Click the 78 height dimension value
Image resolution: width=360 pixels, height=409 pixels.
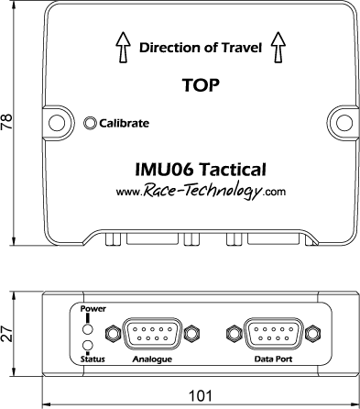[x=6, y=122]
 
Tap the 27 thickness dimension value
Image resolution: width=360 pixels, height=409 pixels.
[x=6, y=334]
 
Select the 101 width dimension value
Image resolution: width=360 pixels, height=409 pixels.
[x=201, y=396]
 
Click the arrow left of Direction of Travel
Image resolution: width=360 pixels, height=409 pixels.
[x=123, y=48]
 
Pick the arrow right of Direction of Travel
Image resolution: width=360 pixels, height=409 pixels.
[x=278, y=47]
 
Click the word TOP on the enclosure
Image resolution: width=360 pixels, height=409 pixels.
[x=201, y=85]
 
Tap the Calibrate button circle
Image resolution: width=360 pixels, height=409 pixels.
[x=90, y=123]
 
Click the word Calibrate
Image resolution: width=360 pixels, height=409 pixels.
[x=124, y=123]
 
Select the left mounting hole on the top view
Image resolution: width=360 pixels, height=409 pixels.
[x=57, y=123]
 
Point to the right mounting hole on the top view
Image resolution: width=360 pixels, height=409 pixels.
[x=344, y=122]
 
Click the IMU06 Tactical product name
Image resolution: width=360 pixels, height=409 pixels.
[x=201, y=170]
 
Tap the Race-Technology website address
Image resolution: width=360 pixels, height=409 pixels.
[x=201, y=191]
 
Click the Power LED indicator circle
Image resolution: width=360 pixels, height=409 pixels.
[x=88, y=329]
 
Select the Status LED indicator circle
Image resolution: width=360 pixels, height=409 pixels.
[x=88, y=345]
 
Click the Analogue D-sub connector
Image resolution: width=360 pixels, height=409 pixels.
[x=152, y=333]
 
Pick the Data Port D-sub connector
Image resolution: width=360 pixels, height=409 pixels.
[x=273, y=333]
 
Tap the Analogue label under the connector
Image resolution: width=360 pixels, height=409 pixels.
[x=152, y=359]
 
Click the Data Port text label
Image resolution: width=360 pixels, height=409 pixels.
[x=273, y=359]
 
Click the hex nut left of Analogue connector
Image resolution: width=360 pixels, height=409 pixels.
[x=112, y=333]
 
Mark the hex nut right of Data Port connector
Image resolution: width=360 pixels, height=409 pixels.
[x=312, y=333]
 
